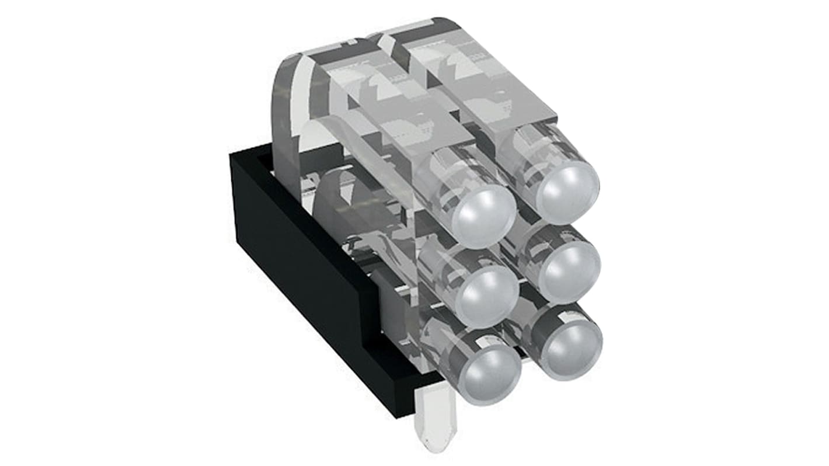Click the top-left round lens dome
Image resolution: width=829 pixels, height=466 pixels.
pyautogui.click(x=484, y=216)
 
